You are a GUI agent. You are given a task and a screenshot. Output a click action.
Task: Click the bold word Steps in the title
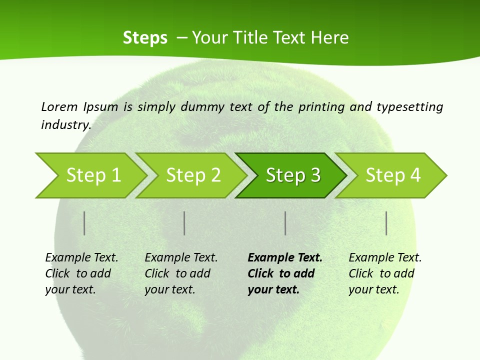(x=145, y=38)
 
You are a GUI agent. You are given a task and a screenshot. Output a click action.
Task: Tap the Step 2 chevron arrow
(x=193, y=175)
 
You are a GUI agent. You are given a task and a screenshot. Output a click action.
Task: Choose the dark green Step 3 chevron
(x=292, y=175)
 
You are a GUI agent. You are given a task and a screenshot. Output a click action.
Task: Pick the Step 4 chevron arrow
(x=393, y=175)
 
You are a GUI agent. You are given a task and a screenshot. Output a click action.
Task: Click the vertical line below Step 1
(x=84, y=223)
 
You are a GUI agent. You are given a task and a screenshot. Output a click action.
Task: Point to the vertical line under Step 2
(x=184, y=223)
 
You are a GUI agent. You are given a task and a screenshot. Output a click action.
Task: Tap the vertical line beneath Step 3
(x=285, y=223)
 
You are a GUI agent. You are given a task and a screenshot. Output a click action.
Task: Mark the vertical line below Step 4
(x=386, y=223)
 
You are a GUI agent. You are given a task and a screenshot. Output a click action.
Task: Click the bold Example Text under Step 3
(x=285, y=258)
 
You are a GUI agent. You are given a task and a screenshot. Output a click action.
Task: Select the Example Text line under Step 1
(x=81, y=258)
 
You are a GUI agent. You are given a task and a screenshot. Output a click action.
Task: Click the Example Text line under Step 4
(x=385, y=258)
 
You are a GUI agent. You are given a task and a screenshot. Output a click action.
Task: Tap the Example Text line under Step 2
(x=181, y=258)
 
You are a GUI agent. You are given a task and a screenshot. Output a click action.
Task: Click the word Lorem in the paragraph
(x=59, y=107)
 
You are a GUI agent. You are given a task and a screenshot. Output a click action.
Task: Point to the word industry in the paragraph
(x=66, y=125)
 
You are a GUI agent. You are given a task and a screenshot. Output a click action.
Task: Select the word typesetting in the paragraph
(x=409, y=107)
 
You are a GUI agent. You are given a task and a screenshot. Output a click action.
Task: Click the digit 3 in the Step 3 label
(x=315, y=175)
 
